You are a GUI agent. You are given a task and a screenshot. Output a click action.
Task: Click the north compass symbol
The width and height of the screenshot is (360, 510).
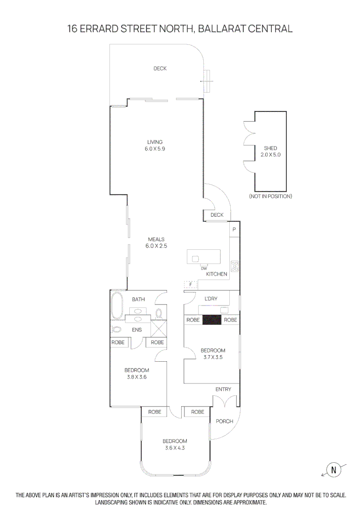(x=334, y=469)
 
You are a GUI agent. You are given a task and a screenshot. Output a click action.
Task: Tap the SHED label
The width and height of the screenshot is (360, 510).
(x=270, y=148)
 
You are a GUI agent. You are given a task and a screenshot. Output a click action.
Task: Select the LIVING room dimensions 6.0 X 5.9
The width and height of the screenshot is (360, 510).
(x=155, y=149)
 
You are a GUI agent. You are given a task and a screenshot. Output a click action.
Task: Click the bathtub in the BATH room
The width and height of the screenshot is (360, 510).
(x=117, y=306)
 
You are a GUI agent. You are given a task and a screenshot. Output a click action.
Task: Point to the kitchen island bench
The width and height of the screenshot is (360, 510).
(x=204, y=257)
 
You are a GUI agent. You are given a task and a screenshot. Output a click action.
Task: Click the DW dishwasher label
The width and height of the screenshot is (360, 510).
(x=204, y=268)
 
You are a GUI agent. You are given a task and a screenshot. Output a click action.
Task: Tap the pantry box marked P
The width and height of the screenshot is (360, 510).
(x=234, y=229)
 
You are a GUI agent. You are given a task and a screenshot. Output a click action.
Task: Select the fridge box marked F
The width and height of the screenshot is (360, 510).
(x=191, y=285)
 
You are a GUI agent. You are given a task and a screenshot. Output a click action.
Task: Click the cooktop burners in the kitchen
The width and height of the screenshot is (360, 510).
(x=234, y=266)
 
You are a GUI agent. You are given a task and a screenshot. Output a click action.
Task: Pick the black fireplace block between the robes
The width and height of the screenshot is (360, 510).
(x=212, y=320)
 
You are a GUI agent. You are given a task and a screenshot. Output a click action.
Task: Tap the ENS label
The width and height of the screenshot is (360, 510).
(x=137, y=330)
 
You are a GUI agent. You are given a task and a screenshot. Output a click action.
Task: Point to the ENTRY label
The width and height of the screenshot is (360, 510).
(x=223, y=389)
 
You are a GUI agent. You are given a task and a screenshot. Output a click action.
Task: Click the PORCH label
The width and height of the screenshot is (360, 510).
(x=224, y=421)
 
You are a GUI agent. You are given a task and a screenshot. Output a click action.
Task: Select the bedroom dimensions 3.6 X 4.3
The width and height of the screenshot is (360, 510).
(x=175, y=448)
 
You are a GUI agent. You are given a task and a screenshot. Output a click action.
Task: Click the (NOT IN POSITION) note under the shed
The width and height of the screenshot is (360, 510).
(x=270, y=196)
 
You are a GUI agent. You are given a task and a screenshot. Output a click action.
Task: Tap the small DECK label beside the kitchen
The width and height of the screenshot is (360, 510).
(x=217, y=215)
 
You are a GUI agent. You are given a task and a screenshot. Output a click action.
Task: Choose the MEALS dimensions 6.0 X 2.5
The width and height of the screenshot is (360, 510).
(x=156, y=246)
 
